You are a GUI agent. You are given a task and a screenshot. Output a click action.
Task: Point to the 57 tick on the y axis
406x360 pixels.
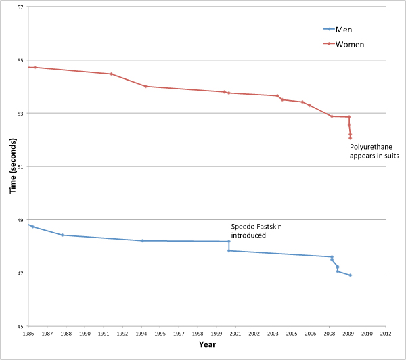[20, 7]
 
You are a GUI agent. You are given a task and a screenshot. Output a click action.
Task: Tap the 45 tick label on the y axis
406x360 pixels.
[20, 326]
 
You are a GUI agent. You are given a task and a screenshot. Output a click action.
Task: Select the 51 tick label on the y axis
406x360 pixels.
[20, 166]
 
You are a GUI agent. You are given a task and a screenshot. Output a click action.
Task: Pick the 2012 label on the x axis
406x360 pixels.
[386, 334]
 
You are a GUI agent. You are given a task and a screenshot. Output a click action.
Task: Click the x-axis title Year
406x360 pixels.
[208, 345]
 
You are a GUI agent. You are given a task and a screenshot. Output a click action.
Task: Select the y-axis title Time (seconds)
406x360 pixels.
[12, 166]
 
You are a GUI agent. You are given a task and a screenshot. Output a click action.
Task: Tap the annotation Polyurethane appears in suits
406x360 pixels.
[374, 151]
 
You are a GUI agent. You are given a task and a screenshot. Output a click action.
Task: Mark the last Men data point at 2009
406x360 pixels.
[350, 275]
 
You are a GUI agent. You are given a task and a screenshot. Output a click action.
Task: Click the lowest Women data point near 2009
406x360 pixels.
[350, 138]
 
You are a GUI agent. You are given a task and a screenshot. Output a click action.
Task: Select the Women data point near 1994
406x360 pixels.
[145, 86]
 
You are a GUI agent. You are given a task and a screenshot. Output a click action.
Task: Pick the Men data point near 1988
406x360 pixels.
[62, 235]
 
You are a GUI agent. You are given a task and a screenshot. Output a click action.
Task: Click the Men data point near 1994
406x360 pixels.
[142, 240]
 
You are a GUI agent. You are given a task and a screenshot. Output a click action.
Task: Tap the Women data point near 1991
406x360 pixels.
[111, 74]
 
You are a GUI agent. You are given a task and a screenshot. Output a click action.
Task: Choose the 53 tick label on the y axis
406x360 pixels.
[20, 114]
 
